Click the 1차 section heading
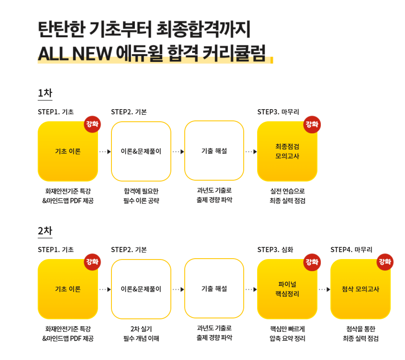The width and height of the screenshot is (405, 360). click(x=45, y=93)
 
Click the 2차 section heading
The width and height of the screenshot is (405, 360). click(x=45, y=231)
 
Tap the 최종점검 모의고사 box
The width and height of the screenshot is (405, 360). click(x=287, y=151)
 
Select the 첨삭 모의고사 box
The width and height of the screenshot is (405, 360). click(x=360, y=289)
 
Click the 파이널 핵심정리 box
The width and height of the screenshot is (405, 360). click(x=287, y=289)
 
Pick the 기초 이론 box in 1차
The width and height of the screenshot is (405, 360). click(x=68, y=151)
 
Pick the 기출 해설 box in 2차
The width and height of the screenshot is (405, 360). click(x=214, y=289)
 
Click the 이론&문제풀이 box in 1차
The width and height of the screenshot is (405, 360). click(x=141, y=151)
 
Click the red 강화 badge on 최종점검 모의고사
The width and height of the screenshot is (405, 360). click(x=312, y=124)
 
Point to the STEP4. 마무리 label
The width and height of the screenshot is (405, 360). click(x=351, y=250)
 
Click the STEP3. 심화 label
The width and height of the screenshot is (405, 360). click(x=275, y=250)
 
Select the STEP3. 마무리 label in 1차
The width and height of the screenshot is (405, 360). click(x=278, y=112)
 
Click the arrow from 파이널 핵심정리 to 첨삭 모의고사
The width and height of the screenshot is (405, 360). click(x=324, y=289)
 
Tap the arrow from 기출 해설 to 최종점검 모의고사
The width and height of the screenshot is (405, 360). click(x=251, y=152)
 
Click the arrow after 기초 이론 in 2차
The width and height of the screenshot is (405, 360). click(x=105, y=289)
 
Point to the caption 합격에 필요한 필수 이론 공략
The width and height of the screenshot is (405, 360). click(x=141, y=196)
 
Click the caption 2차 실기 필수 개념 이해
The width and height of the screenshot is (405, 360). click(x=141, y=334)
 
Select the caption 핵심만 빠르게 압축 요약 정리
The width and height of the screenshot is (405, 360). click(x=287, y=334)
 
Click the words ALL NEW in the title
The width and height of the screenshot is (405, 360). click(x=75, y=53)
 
